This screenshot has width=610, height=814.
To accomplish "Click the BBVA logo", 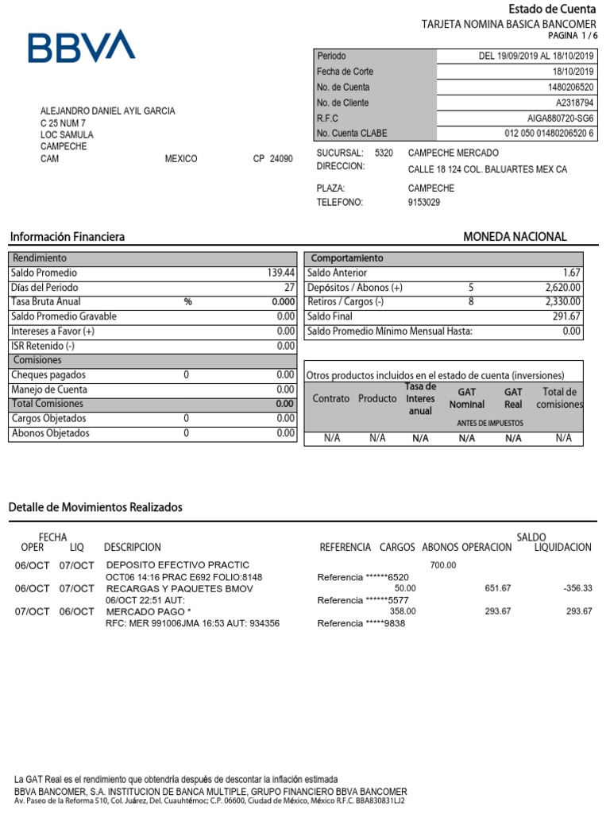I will [82, 47].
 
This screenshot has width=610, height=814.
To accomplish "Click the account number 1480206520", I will [570, 87].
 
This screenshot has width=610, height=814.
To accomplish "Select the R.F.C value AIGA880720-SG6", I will [561, 118].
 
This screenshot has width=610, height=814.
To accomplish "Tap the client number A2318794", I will [573, 103].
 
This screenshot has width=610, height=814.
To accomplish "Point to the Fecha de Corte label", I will [345, 72].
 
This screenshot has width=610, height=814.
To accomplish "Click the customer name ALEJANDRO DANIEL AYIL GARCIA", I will [108, 111].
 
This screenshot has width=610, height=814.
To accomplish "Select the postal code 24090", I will [280, 159].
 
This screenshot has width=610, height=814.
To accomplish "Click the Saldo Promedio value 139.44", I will [281, 273].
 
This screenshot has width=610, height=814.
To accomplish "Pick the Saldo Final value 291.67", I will [566, 316].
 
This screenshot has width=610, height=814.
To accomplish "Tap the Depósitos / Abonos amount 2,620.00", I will [563, 288].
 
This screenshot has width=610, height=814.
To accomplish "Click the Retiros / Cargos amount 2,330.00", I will [563, 302].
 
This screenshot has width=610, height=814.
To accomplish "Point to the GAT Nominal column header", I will [466, 398].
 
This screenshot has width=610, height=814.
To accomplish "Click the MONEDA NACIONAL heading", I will [515, 237].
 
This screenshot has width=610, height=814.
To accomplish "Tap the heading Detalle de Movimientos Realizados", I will [95, 507].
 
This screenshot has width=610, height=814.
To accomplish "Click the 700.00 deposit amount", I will [443, 565].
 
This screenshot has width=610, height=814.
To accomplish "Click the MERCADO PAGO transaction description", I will [149, 611].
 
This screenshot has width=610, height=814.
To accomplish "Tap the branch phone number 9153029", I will [423, 203].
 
